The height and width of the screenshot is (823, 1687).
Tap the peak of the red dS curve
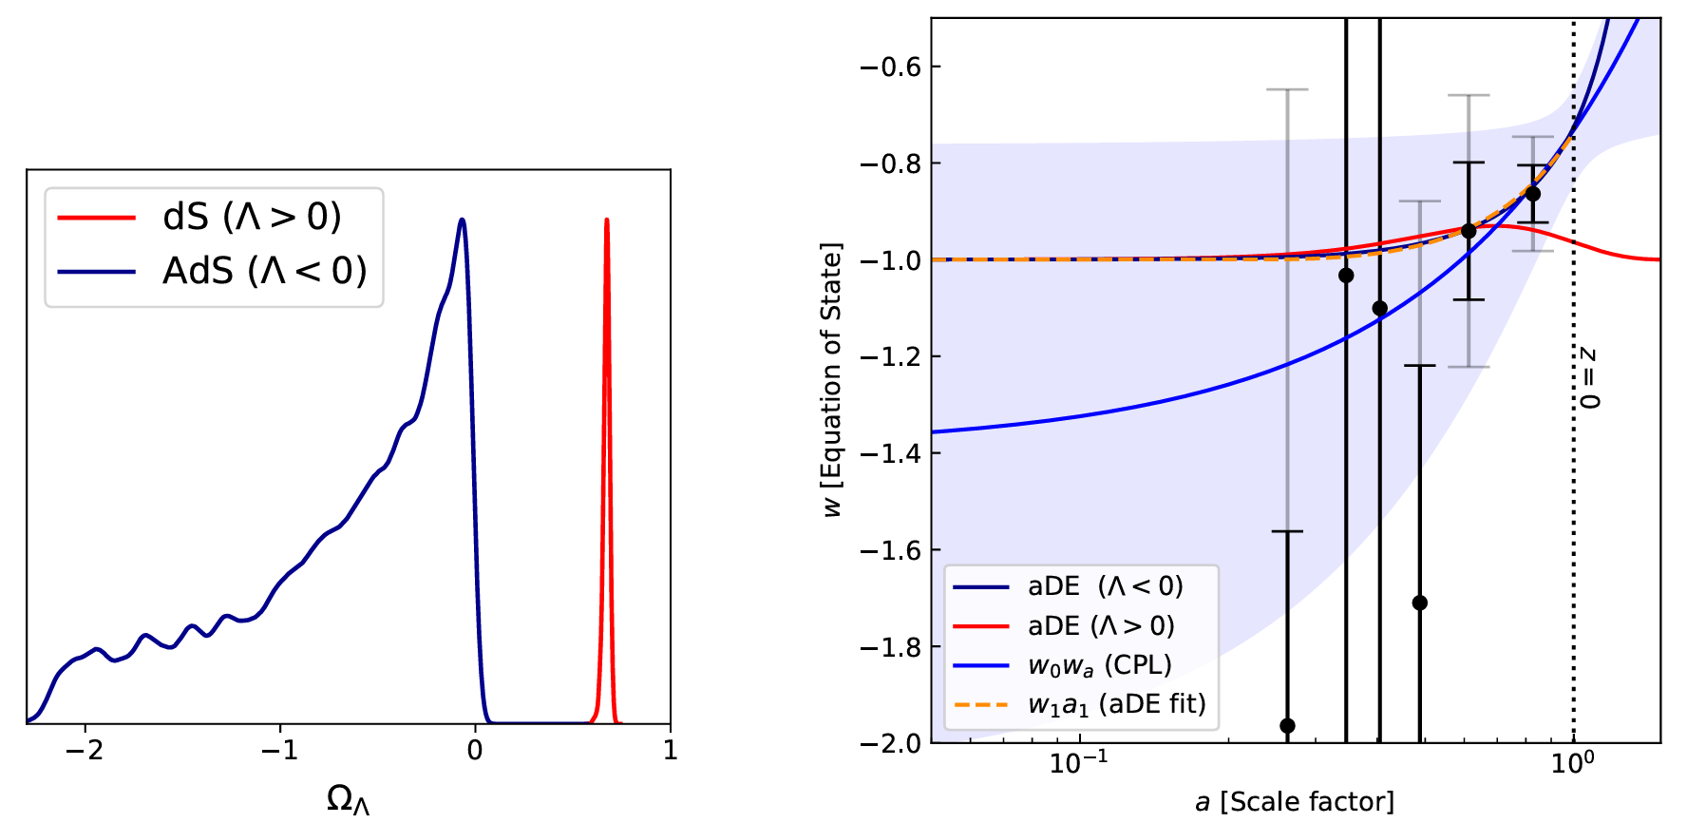click(x=606, y=220)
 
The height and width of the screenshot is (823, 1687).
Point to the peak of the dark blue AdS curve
click(x=462, y=220)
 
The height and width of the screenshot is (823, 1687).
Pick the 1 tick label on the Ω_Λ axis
click(x=670, y=751)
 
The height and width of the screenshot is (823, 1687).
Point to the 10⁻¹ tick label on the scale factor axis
click(x=1077, y=762)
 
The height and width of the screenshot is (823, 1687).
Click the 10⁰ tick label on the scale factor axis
click(x=1572, y=762)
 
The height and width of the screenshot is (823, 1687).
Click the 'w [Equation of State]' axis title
click(x=832, y=380)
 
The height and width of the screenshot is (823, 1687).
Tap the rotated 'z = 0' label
click(x=1588, y=378)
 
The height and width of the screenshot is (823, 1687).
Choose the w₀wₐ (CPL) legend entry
click(x=1099, y=665)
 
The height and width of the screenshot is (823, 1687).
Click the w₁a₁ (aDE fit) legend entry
click(x=1116, y=704)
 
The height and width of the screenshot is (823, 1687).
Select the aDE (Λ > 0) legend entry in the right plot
click(x=1101, y=626)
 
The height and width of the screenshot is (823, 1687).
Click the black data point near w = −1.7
click(x=1419, y=603)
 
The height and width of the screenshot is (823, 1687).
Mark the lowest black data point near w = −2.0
click(x=1287, y=726)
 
